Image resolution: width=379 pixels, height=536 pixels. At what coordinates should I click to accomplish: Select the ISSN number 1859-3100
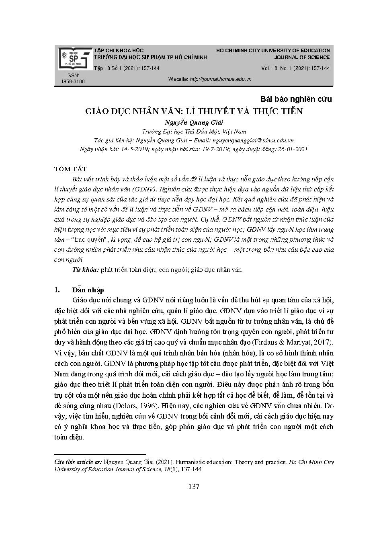click(73, 82)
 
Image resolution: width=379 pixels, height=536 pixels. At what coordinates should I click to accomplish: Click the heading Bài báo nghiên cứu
click(296, 99)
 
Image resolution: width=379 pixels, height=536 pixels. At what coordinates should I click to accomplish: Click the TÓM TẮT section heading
click(70, 169)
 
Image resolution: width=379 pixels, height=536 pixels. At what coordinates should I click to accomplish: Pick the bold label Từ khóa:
click(86, 270)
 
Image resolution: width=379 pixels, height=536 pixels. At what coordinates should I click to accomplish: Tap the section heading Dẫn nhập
click(88, 290)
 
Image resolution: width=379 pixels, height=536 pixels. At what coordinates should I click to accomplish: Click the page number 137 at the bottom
click(194, 487)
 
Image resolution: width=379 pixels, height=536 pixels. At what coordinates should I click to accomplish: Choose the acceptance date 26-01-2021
click(292, 149)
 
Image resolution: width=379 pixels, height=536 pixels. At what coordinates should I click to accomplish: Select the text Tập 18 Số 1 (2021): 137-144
click(127, 68)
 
